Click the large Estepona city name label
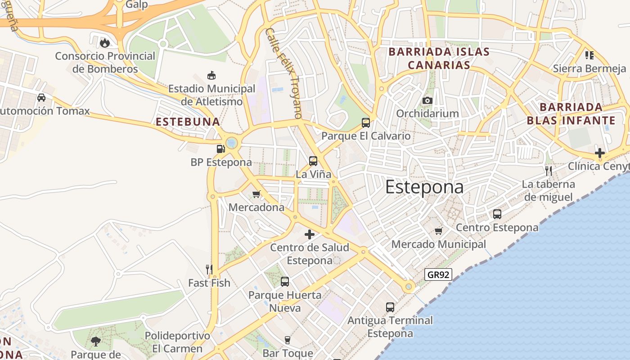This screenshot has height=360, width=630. [424, 187]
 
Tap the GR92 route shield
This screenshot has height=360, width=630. [438, 274]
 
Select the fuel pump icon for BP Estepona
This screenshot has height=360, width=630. [220, 148]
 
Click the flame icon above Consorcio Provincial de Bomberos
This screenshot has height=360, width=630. [105, 43]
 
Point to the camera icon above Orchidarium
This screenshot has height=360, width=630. [427, 100]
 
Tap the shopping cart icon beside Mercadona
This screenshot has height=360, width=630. [256, 194]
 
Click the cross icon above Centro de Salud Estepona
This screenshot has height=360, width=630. [310, 234]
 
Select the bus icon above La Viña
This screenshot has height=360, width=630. [313, 161]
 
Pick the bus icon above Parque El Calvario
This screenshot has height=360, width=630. [366, 122]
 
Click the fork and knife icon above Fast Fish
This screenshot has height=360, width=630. [209, 270]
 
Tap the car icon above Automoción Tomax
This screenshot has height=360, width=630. [41, 97]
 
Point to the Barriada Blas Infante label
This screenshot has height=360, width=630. [571, 114]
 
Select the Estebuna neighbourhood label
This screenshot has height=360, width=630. [188, 121]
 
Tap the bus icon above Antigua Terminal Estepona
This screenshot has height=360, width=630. [390, 307]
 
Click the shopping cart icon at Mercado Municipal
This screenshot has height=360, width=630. [439, 231]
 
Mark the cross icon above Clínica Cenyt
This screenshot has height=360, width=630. [599, 153]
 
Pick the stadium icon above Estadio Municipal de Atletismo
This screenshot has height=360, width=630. [211, 75]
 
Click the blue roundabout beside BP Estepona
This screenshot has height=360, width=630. [232, 143]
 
